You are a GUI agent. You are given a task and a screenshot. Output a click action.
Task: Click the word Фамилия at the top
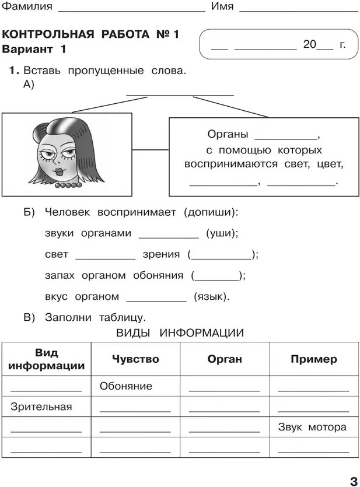tap(27, 7)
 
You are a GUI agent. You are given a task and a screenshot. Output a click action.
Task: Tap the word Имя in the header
tap(222, 7)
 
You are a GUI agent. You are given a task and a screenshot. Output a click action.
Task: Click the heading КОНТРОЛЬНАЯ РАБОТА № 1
tap(90, 35)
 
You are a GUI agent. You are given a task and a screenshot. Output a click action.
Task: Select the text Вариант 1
tap(34, 50)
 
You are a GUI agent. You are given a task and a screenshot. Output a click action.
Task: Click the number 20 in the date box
tap(309, 44)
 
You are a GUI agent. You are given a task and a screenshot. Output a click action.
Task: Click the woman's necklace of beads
tap(68, 185)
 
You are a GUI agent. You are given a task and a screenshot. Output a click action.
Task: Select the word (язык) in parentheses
tap(211, 296)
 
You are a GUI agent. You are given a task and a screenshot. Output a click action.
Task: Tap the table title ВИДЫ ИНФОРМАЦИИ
tap(180, 333)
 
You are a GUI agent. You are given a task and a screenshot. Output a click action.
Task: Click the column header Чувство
tap(135, 359)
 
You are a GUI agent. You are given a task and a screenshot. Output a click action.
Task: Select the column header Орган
tap(225, 359)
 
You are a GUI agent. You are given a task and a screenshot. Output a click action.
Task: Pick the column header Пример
tap(313, 359)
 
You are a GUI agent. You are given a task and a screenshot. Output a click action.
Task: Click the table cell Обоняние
tap(125, 386)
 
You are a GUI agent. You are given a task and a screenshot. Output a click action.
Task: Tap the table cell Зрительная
tap(41, 407)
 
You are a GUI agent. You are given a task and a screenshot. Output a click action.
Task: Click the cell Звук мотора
tap(312, 427)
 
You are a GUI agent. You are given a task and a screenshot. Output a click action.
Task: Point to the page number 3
tap(352, 481)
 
